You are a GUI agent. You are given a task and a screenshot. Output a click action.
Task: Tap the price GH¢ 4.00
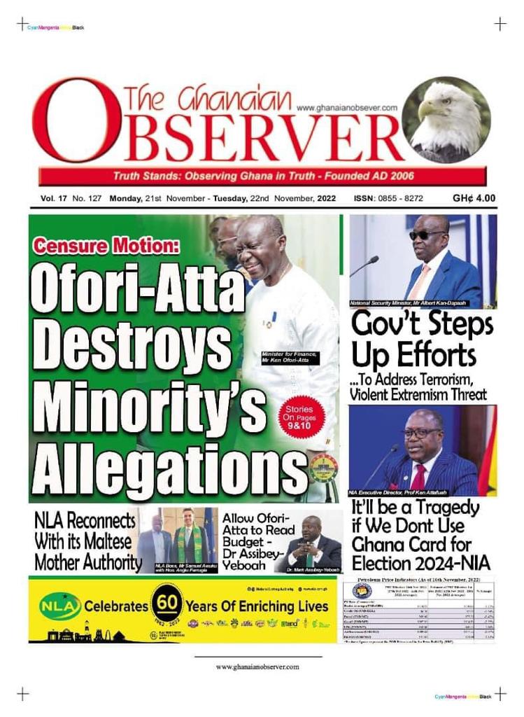click(474, 198)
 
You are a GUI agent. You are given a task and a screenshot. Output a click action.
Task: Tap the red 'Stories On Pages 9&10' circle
click(300, 418)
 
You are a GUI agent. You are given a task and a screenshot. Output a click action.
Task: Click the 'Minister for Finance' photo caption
click(290, 358)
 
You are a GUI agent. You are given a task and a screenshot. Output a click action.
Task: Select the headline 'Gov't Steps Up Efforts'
click(422, 340)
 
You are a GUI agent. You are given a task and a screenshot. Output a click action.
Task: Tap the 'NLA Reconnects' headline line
click(85, 522)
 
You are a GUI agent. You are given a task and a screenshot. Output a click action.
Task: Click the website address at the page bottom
click(257, 667)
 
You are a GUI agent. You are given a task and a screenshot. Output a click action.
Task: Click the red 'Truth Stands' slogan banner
click(263, 176)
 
